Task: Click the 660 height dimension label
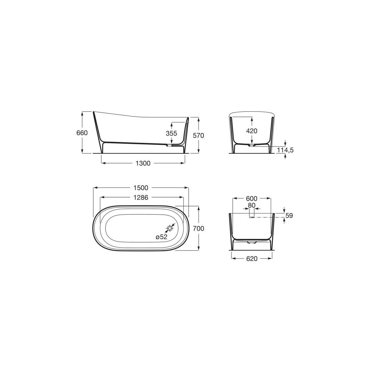(82, 133)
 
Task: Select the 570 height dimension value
(198, 135)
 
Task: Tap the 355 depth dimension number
(171, 133)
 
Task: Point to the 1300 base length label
(143, 163)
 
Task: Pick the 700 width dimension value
(198, 228)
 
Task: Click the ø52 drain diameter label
(161, 237)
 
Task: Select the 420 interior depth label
(251, 131)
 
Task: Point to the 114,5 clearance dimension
(285, 150)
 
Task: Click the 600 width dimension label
(251, 199)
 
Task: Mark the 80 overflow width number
(251, 205)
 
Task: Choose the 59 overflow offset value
(289, 216)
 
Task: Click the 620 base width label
(251, 259)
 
